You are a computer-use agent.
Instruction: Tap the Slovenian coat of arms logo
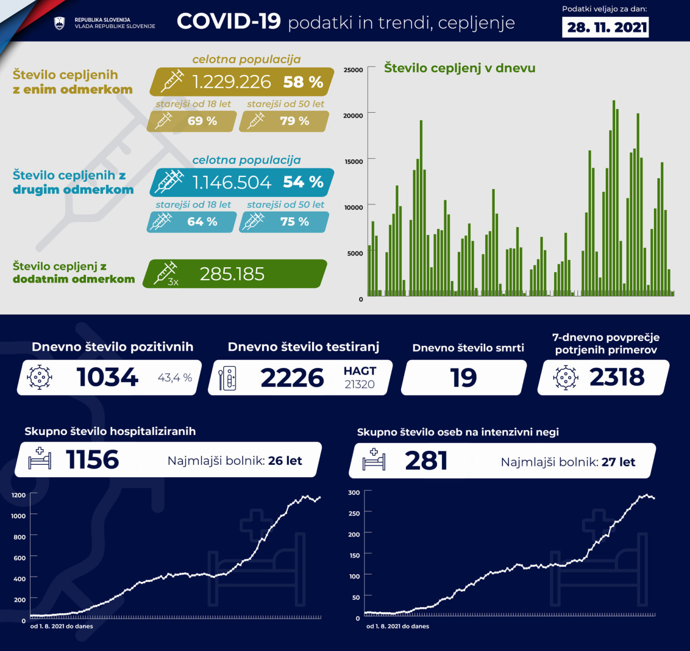(60, 23)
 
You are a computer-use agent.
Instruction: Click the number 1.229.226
(231, 82)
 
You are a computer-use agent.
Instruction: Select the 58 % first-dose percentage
(303, 82)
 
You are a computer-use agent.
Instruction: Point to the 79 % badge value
(294, 121)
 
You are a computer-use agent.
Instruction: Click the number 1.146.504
(231, 182)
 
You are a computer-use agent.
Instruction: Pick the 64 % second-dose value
(202, 222)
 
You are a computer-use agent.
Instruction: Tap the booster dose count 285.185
(232, 274)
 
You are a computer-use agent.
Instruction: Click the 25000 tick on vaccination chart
(353, 70)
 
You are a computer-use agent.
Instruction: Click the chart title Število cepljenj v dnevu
(459, 68)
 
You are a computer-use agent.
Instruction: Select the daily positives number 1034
(107, 377)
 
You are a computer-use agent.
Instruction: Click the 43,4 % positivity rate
(175, 378)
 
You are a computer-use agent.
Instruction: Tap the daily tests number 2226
(292, 378)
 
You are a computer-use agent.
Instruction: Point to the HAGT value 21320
(360, 384)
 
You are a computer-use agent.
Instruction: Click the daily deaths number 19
(464, 378)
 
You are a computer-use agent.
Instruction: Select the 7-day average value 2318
(617, 377)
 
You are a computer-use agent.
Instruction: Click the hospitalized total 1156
(92, 460)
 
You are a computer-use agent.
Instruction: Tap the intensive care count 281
(426, 461)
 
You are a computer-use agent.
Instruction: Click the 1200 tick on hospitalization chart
(18, 495)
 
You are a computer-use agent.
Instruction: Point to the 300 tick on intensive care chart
(354, 492)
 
